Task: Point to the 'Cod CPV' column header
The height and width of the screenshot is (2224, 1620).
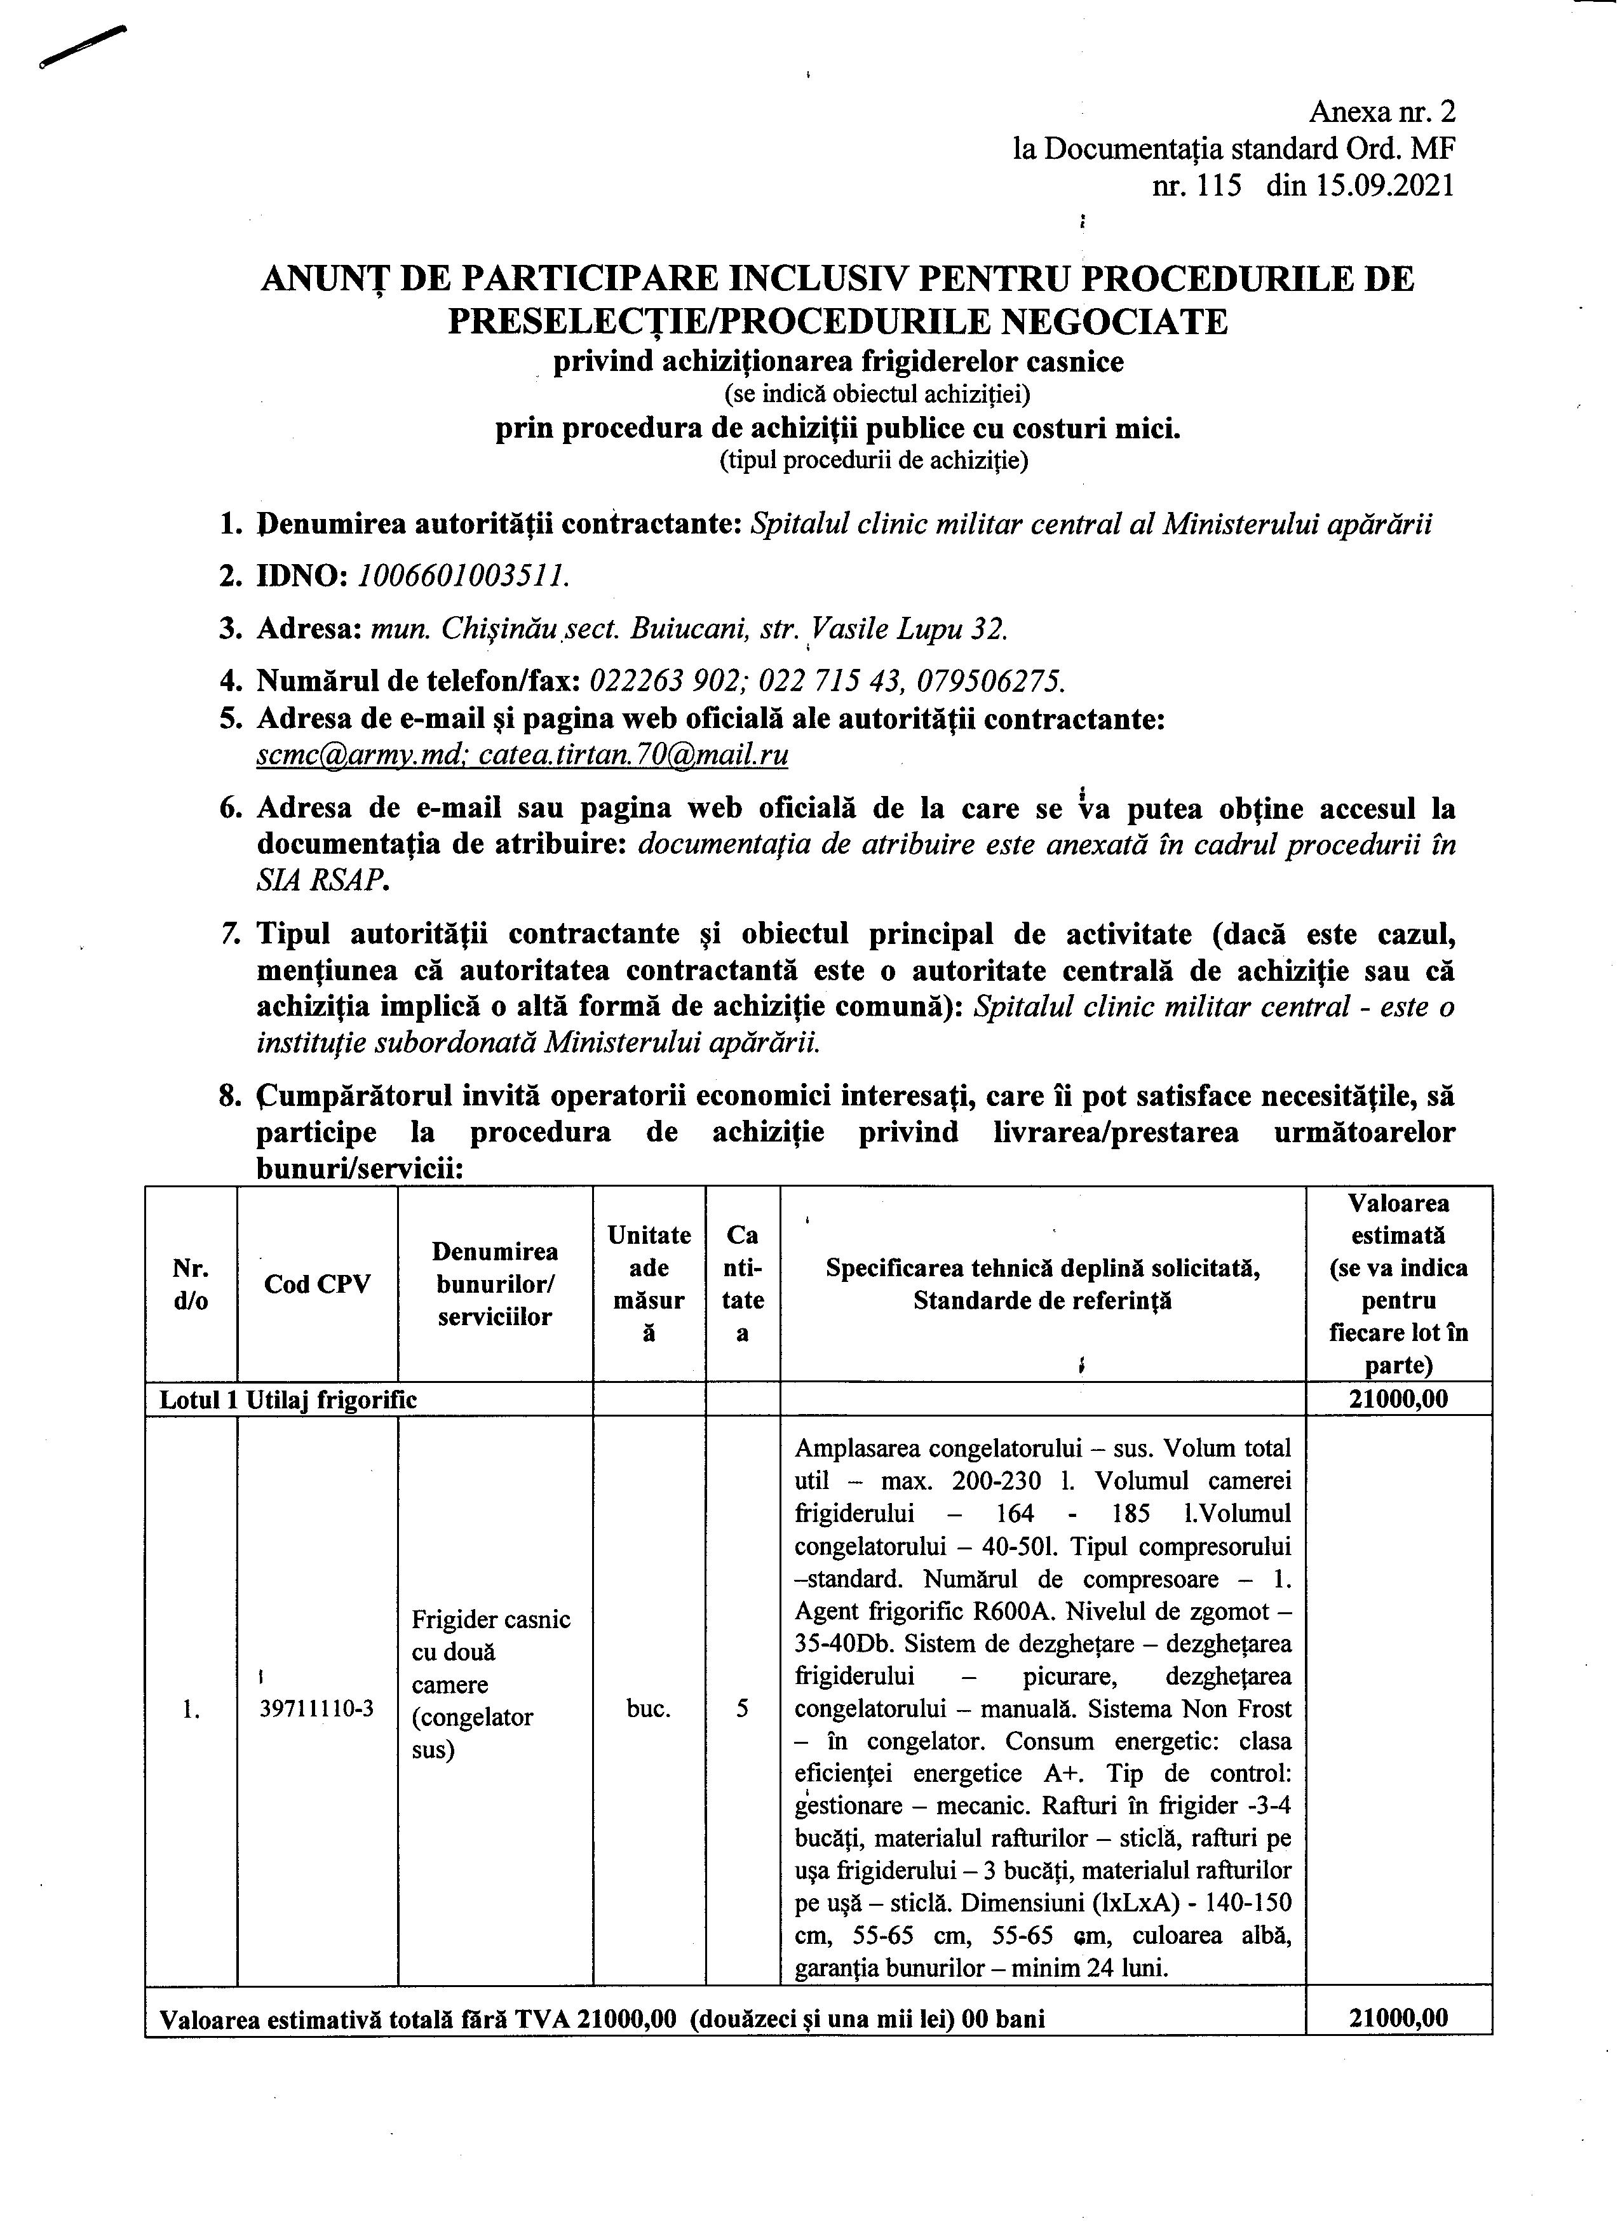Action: (x=317, y=1284)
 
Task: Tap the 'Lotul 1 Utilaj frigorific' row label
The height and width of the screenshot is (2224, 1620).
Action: (x=287, y=1400)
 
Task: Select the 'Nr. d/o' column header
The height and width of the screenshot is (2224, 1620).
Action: (x=190, y=1284)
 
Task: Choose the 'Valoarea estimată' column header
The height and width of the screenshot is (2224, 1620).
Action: (x=1398, y=1220)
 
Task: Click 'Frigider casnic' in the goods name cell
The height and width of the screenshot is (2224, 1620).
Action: (x=490, y=1619)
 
